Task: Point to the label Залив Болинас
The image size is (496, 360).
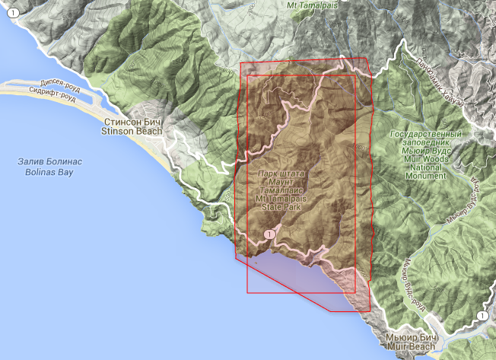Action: click(x=50, y=162)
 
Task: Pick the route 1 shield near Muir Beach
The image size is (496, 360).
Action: click(x=482, y=316)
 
